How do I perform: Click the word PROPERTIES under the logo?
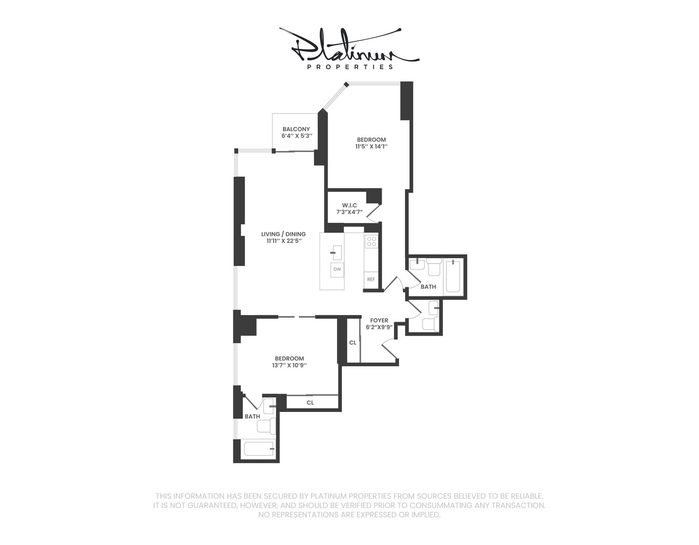point(349,68)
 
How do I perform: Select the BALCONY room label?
point(296,129)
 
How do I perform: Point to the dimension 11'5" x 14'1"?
point(371,147)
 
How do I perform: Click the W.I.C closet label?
point(349,205)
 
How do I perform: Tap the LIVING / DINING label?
point(283,234)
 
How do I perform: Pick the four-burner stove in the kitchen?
point(371,241)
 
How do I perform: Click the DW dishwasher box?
point(338,270)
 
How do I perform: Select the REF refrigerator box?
point(371,280)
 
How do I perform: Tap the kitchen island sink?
point(336,252)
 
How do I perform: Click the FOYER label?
point(379,320)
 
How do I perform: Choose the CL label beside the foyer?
point(353,343)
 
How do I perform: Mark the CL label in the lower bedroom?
point(310,403)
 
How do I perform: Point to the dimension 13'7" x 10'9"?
point(289,366)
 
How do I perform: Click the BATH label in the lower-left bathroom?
point(252,417)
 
